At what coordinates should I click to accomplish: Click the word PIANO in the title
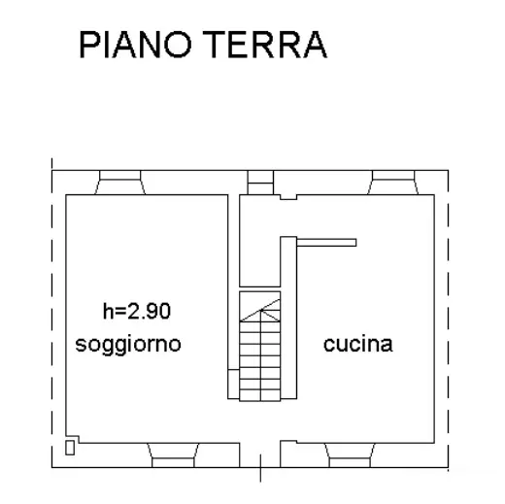[x=136, y=45]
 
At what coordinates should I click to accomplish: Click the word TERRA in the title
[x=265, y=45]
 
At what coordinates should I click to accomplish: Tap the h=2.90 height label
[x=137, y=311]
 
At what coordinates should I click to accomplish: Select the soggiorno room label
[x=128, y=345]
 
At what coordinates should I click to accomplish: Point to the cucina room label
[x=358, y=344]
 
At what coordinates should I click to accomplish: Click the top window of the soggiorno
[x=120, y=183]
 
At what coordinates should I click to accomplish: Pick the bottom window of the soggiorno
[x=173, y=455]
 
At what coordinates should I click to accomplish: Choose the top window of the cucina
[x=393, y=183]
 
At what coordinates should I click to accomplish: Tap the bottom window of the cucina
[x=350, y=455]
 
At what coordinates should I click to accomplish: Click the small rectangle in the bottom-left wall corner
[x=70, y=448]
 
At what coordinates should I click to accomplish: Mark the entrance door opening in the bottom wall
[x=260, y=455]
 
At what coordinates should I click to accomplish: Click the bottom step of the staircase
[x=260, y=395]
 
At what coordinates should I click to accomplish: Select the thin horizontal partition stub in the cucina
[x=326, y=243]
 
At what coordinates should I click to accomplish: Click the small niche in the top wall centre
[x=260, y=183]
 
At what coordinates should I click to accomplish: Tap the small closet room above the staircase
[x=259, y=241]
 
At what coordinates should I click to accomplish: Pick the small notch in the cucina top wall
[x=288, y=197]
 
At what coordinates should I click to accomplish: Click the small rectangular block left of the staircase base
[x=233, y=384]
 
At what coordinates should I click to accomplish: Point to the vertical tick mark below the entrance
[x=260, y=468]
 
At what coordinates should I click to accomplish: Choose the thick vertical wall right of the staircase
[x=288, y=318]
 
